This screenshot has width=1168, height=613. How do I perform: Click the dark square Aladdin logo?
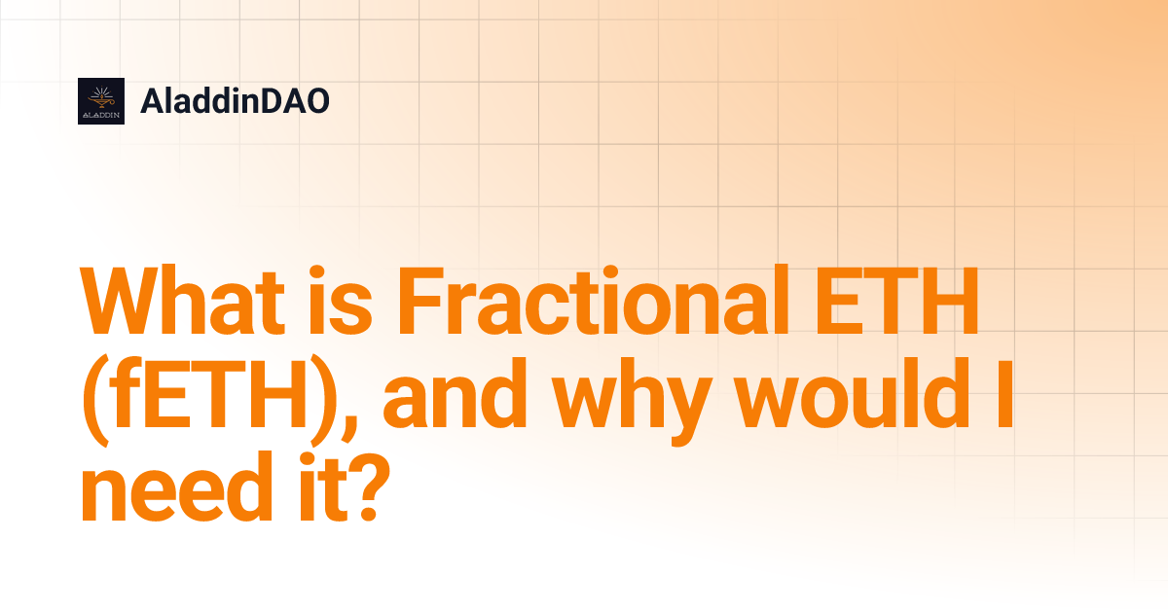(x=101, y=101)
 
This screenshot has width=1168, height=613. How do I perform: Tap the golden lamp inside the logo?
(x=101, y=95)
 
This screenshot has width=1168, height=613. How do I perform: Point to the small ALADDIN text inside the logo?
(x=101, y=114)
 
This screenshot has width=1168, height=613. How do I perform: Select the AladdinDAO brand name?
(x=235, y=101)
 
